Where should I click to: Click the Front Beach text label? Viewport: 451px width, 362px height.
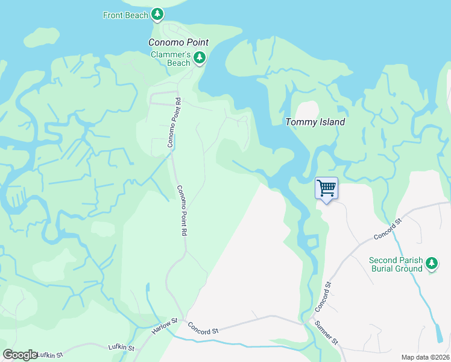point(125,15)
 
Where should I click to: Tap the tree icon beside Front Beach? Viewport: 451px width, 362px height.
point(157,13)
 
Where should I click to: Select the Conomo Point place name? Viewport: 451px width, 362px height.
point(178,42)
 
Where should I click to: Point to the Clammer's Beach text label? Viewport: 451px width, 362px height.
point(171,59)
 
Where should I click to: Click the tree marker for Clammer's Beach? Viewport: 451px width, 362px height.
point(200,58)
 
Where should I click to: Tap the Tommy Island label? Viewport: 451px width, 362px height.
point(315,122)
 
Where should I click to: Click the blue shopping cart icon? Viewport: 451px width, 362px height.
point(326,188)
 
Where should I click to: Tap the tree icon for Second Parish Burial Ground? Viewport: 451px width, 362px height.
point(432,263)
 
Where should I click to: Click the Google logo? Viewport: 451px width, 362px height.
point(20,355)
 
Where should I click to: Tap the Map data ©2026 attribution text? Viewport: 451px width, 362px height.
point(425,357)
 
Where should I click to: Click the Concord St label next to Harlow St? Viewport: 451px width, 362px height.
point(202,328)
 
